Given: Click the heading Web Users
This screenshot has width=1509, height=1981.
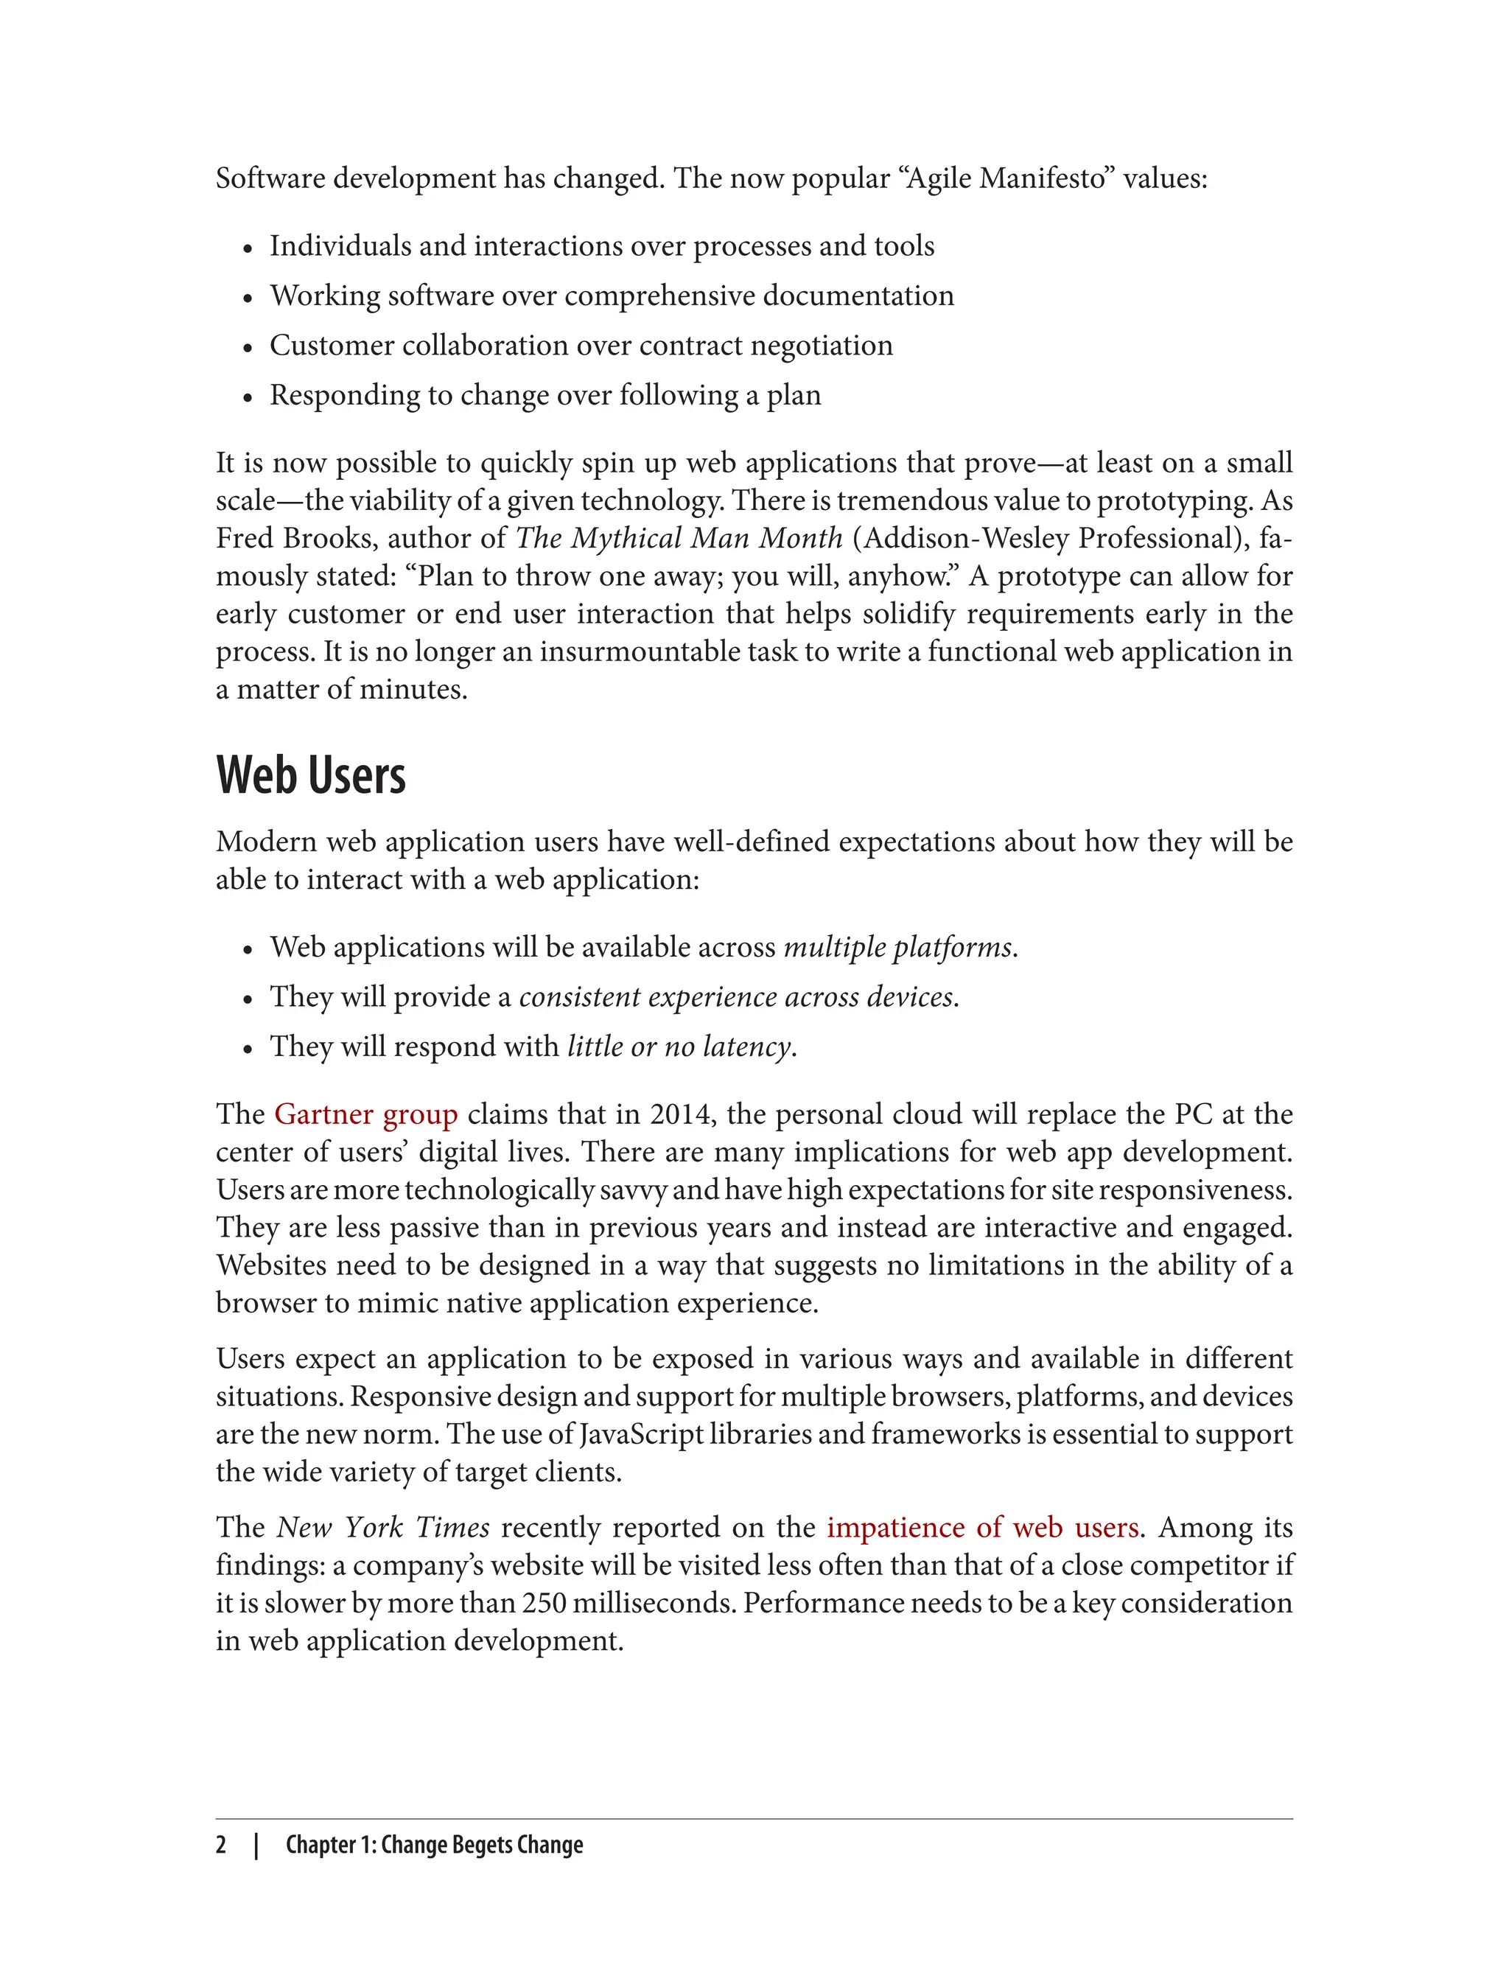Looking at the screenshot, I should point(311,775).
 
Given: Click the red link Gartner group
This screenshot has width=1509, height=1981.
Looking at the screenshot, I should point(365,1114).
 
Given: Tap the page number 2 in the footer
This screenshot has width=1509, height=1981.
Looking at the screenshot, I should point(221,1845).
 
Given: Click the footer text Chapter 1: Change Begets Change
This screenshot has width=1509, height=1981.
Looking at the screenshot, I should point(434,1845).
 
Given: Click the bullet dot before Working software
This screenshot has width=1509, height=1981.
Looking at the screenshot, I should point(248,298).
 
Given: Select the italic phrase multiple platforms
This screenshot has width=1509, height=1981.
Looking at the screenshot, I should point(898,947).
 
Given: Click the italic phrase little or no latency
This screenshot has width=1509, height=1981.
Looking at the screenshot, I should point(680,1047).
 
